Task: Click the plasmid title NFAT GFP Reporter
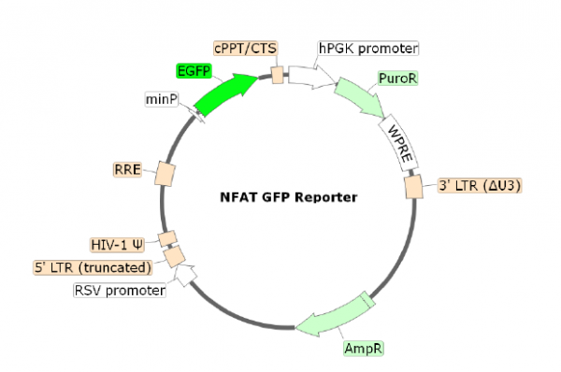pos(281,197)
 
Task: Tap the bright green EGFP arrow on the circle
pos(227,93)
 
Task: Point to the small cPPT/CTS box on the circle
pos(278,74)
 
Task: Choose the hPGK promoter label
pos(367,48)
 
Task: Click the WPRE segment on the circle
pos(397,140)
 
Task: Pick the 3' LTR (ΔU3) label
pos(479,185)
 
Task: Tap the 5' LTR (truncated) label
pos(92,268)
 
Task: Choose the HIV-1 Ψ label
pos(118,245)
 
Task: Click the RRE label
pos(126,169)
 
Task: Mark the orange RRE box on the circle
pos(165,173)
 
